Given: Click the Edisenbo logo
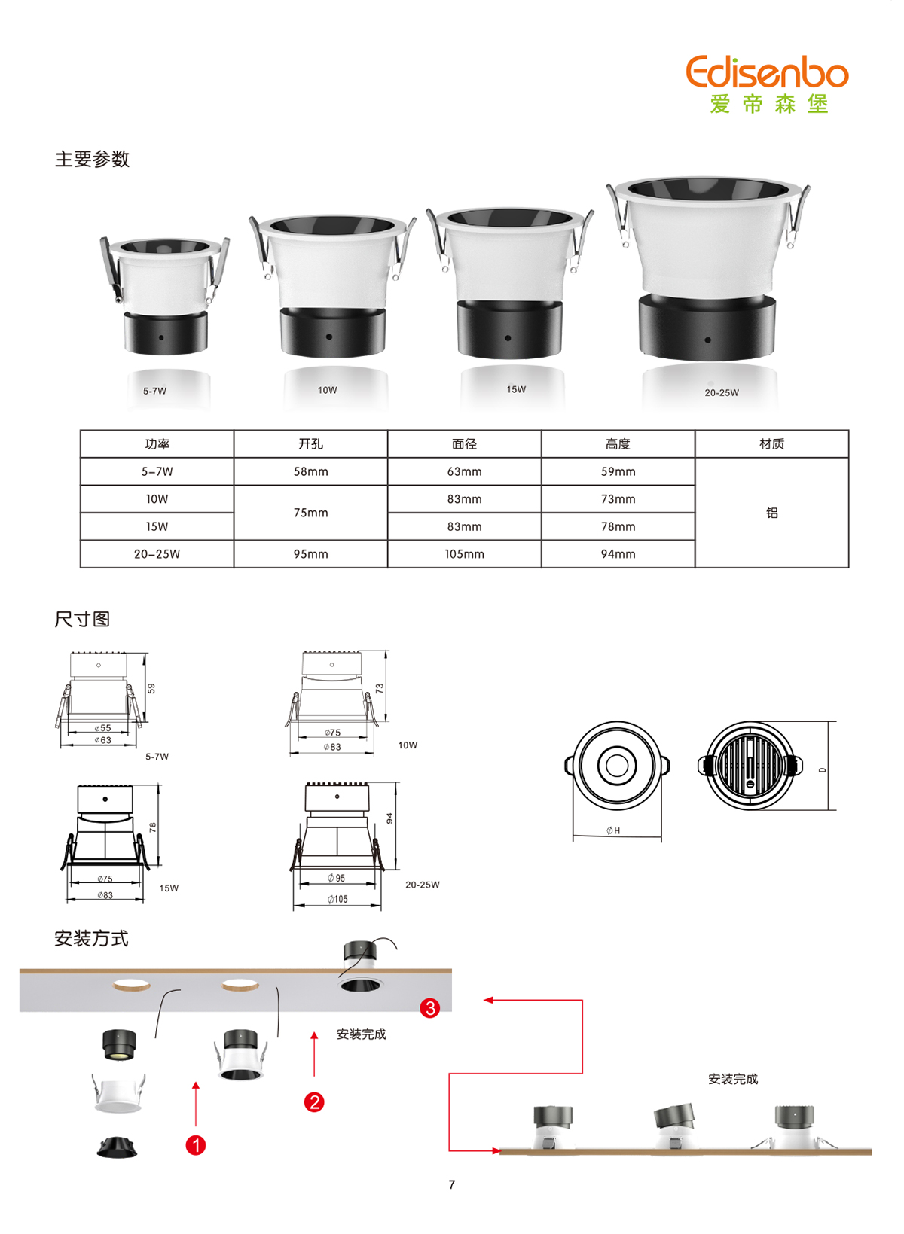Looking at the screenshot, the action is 767,84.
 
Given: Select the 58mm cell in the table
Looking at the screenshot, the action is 310,471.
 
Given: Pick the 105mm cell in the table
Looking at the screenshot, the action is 464,553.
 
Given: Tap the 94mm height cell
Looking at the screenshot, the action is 618,553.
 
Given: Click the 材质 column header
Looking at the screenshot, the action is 771,444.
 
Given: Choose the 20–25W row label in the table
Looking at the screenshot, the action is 157,553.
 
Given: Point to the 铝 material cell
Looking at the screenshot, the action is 771,513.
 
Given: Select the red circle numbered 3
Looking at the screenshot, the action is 430,1008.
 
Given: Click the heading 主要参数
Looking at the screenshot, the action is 92,159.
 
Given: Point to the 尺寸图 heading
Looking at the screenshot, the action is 82,619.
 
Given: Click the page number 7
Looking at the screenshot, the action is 452,1184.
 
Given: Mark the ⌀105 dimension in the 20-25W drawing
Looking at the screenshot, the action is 337,899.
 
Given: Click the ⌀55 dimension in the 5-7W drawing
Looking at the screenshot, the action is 102,728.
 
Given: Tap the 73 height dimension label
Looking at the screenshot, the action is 380,688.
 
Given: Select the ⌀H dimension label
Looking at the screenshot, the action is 613,830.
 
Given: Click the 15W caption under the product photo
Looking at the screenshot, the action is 516,389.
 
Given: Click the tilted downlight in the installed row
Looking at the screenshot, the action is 673,1126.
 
